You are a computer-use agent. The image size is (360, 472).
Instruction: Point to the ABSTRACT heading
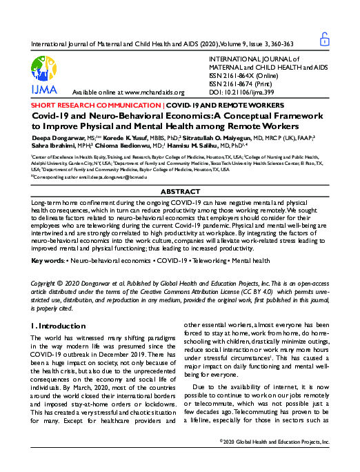pyautogui.click(x=180, y=190)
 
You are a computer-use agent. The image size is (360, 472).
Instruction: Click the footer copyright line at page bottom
pyautogui.click(x=274, y=460)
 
